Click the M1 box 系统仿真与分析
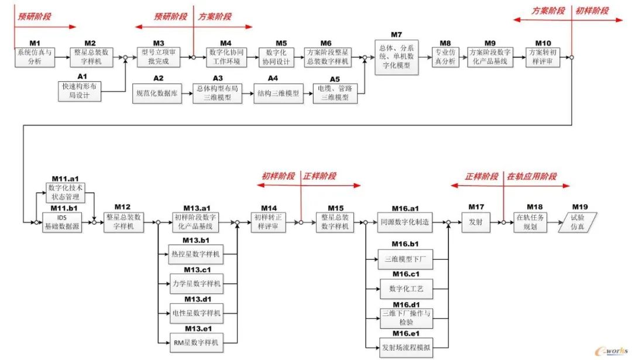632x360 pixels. coord(35,57)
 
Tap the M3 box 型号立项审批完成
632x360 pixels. coord(159,57)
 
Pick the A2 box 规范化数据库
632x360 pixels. coord(157,93)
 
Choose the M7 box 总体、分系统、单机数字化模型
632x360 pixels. coord(397,57)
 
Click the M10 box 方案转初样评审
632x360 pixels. coord(544,57)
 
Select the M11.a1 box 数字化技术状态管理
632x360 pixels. coord(66,193)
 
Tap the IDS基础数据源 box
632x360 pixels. coord(66,222)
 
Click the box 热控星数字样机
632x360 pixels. coord(195,254)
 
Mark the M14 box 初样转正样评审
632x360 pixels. coord(269,222)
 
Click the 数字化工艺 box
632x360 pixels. coord(406,289)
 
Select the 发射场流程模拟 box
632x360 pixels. coord(406,348)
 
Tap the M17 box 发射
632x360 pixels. coord(476,222)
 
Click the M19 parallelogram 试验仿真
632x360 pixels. coord(579,222)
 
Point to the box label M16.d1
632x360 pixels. coord(406,304)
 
